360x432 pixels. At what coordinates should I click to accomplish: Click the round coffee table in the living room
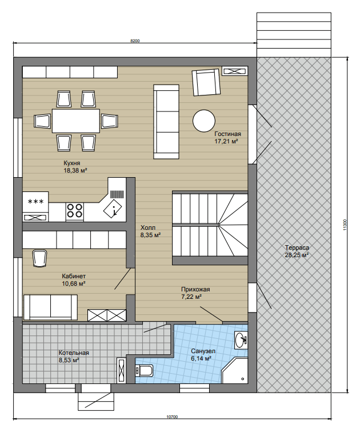coord(204,121)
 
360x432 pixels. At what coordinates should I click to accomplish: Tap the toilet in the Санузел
coord(144,370)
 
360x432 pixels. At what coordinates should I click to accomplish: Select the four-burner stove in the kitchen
coord(75,211)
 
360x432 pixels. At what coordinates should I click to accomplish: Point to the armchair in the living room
coord(206,82)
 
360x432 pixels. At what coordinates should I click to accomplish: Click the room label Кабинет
coord(74,276)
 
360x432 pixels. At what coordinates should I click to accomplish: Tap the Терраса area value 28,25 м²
coord(297,255)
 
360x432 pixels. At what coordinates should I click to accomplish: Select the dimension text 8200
coord(135,41)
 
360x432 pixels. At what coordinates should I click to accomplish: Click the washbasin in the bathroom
coord(241,340)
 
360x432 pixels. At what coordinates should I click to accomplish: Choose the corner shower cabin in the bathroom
coord(235,370)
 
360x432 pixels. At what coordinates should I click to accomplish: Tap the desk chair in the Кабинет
coord(40,258)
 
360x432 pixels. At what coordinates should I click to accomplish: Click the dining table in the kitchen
coord(76,121)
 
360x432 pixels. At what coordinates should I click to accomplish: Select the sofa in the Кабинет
coord(50,307)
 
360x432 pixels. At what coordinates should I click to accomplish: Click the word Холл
coord(148,227)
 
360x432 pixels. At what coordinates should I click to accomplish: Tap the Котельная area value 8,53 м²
coord(69,360)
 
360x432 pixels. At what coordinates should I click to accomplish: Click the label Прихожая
coord(195,289)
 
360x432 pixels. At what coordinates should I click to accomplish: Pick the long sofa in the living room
coord(166,122)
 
